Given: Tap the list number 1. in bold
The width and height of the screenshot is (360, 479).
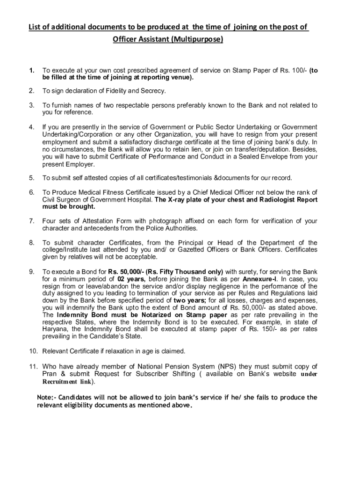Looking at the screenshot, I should click(31, 71).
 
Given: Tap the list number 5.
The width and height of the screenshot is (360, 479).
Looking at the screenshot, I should click(31, 178).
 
